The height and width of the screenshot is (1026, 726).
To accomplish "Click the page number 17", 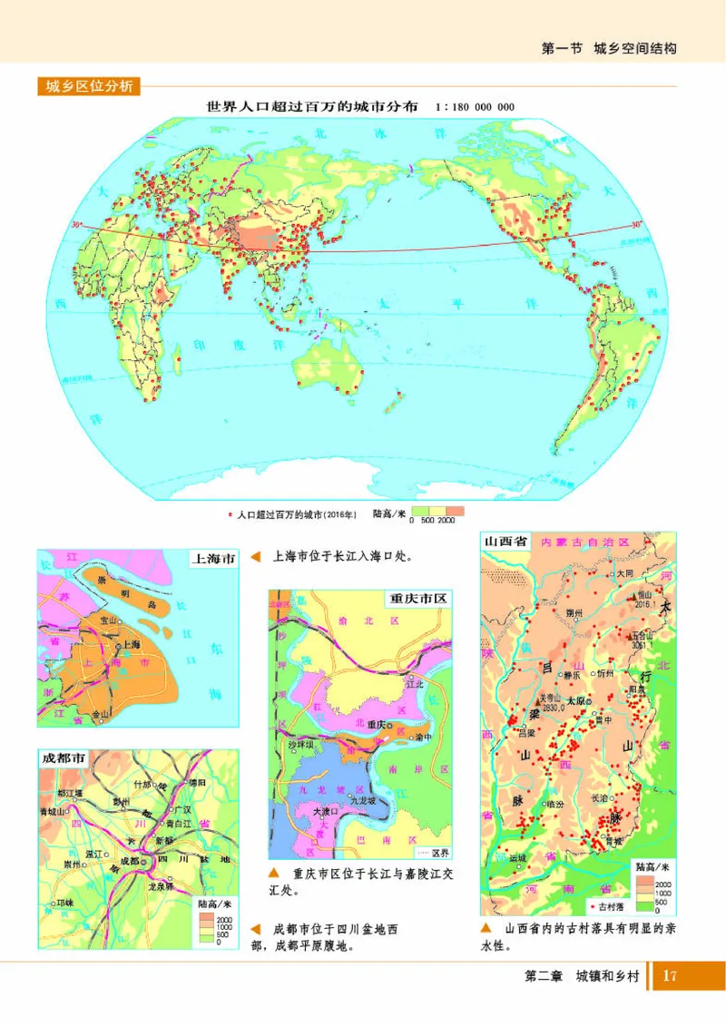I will (670, 976).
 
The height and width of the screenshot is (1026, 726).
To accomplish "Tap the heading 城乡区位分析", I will (89, 87).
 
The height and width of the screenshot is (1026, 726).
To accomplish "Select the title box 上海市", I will (212, 559).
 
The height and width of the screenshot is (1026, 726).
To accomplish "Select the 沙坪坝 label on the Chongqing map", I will (299, 744).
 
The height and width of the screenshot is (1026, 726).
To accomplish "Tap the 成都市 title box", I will (62, 758).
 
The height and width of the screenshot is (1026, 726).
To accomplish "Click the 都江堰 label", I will (68, 792).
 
